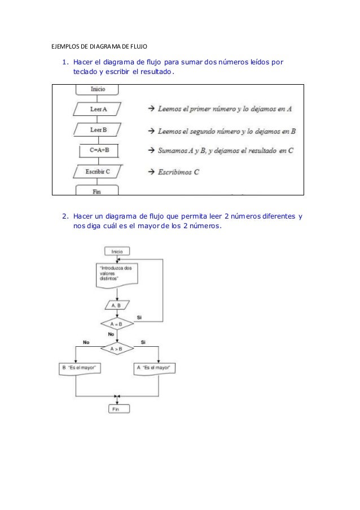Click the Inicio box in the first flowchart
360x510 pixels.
[x=97, y=89]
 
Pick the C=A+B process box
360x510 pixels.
[x=99, y=151]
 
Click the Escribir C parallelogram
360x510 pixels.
[x=97, y=172]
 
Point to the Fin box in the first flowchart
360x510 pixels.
[x=97, y=191]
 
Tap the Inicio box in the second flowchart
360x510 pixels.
[x=117, y=251]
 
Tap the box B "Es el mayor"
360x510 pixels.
[x=78, y=368]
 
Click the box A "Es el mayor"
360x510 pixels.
[x=153, y=368]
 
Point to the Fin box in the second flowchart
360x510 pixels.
[x=117, y=408]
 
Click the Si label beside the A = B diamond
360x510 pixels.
[x=139, y=317]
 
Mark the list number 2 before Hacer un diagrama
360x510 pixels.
[x=65, y=216]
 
